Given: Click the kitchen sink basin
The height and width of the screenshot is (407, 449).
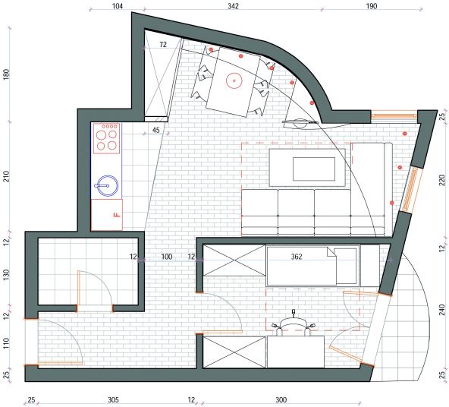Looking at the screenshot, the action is (106, 185).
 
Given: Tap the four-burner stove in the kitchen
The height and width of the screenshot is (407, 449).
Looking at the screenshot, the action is (106, 139).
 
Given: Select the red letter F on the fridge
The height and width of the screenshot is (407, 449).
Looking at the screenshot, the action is (117, 214).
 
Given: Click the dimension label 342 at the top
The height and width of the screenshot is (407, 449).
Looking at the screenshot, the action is (233, 6).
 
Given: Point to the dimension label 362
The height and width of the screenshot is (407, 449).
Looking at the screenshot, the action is (297, 257).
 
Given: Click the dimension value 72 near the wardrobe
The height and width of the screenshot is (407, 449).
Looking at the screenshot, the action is (163, 45).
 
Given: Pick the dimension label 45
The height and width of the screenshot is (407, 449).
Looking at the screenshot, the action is (155, 130).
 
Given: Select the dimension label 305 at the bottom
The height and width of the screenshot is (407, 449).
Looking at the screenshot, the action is (113, 399).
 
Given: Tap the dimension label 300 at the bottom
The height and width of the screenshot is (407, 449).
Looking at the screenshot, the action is (281, 399).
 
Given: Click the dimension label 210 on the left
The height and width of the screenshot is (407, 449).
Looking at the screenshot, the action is (6, 176).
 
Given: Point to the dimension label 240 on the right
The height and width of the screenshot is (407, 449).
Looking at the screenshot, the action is (442, 310).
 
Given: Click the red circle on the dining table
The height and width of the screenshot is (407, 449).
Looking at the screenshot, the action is (234, 80).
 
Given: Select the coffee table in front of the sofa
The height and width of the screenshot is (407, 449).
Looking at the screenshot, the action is (307, 168).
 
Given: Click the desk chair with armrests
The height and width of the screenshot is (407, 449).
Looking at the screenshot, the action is (294, 327).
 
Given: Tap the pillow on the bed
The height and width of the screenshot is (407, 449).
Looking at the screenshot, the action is (346, 266).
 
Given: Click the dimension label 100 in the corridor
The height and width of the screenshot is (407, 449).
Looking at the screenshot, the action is (167, 257).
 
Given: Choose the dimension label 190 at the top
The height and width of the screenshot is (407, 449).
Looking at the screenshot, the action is (372, 6).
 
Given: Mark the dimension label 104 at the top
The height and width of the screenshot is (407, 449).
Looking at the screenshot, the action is (117, 6).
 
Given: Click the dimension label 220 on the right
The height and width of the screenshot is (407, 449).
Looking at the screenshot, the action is (442, 180).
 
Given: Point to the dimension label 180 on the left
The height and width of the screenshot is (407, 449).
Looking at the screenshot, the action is (6, 74).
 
